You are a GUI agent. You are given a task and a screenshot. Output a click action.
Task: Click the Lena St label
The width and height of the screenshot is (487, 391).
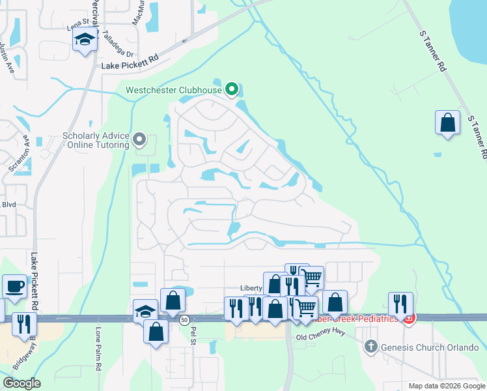[77, 27]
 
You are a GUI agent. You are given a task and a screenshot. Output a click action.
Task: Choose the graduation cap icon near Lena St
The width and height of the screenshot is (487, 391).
[85, 41]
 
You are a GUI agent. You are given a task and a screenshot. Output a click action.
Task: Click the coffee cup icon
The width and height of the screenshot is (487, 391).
[14, 286]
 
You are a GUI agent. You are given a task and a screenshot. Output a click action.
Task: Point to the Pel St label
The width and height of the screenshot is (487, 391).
[192, 336]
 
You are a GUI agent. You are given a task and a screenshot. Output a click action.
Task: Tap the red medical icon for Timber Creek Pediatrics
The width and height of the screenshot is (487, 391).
[409, 319]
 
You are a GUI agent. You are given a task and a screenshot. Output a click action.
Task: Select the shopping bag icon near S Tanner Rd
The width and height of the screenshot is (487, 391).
[448, 123]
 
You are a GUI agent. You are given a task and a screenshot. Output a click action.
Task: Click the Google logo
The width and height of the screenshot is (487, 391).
[21, 383]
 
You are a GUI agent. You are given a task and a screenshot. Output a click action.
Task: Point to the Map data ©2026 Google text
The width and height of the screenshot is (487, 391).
[446, 386]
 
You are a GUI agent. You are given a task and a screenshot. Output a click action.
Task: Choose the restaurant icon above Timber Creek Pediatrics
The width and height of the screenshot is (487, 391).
[400, 304]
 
